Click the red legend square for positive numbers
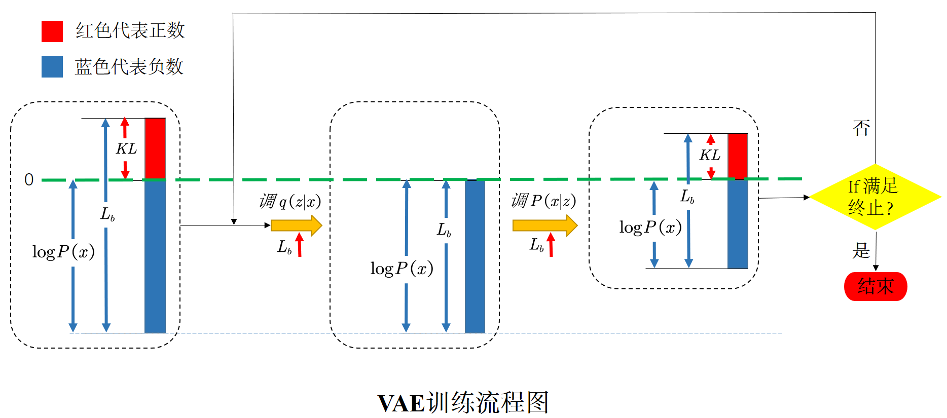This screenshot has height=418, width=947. tap(52, 31)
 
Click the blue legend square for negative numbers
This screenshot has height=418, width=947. tap(52, 67)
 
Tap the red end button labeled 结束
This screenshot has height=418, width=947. tap(875, 286)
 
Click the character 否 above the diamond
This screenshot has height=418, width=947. tap(861, 128)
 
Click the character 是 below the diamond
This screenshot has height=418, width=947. tap(861, 250)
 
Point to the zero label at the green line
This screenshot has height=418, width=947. tap(29, 180)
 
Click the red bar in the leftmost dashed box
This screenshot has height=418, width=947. tap(155, 148)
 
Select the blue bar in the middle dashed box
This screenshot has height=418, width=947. tap(475, 256)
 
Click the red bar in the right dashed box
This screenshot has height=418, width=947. tap(738, 156)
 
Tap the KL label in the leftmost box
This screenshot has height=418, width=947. tap(126, 149)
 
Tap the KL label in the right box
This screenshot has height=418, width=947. tap(710, 155)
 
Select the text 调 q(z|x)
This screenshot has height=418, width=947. tap(290, 202)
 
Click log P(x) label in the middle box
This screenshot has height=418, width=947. tap(402, 269)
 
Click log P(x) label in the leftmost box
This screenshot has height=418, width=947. tap(63, 252)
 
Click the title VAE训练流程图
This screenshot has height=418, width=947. tap(463, 403)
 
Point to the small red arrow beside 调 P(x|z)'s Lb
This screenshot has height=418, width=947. tap(551, 244)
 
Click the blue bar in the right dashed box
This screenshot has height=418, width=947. tap(738, 223)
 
